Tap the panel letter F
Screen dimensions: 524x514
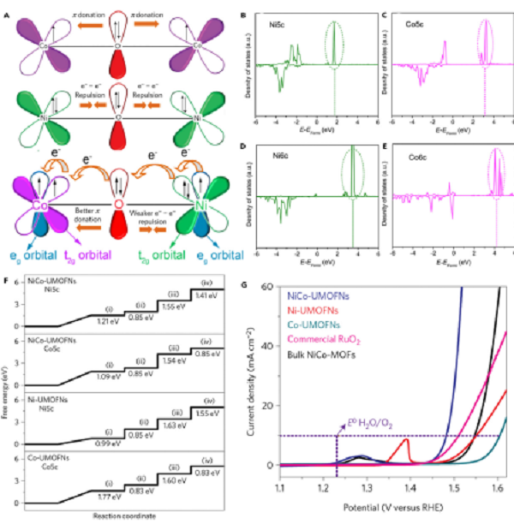tap(8, 279)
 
